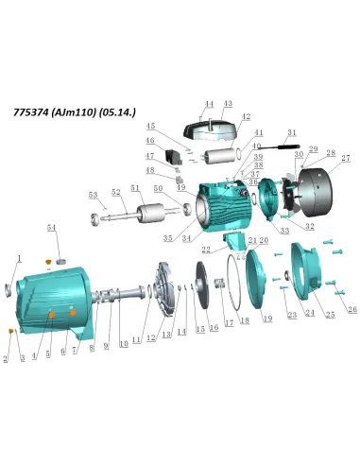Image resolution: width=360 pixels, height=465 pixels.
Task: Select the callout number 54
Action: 52,228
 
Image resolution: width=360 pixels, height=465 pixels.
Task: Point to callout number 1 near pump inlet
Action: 18,257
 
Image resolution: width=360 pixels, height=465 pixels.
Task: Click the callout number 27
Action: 346,158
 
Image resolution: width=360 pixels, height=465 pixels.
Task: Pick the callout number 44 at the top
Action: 210,104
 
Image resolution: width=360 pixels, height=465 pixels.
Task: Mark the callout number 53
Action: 93,195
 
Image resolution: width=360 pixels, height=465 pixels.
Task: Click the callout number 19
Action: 267,320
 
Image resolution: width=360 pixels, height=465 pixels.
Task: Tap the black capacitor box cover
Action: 210,121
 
